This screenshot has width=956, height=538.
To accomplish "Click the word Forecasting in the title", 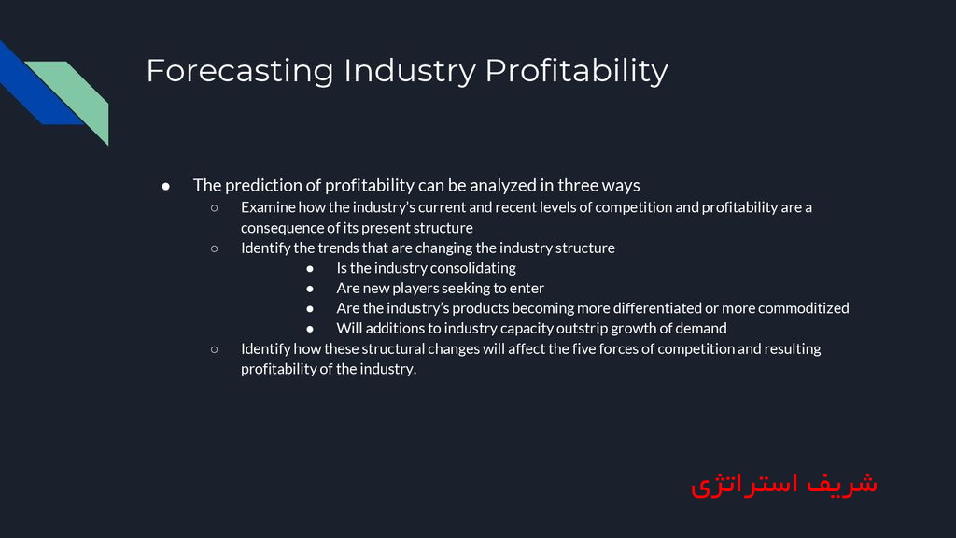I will (x=239, y=71).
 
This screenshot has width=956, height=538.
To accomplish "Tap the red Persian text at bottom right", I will (x=784, y=483).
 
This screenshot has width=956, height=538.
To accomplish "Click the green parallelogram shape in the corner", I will (x=78, y=98).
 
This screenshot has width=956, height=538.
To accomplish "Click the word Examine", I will (x=268, y=207).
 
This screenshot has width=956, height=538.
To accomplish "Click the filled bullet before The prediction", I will (x=166, y=186).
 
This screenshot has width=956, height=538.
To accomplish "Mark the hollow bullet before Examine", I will (x=214, y=207).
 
